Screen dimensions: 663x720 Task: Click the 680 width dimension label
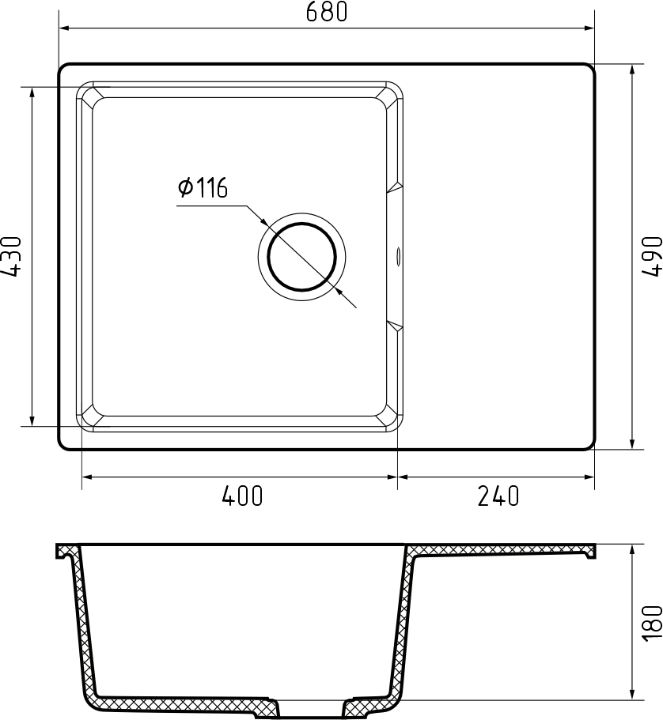[327, 12]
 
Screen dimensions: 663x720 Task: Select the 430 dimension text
[12, 257]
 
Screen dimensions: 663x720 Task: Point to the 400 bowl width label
[242, 496]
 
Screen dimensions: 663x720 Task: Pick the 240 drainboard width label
[498, 496]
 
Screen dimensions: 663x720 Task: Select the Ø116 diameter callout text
[203, 187]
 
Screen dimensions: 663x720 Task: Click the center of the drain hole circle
[301, 257]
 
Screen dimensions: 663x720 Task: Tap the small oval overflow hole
[398, 256]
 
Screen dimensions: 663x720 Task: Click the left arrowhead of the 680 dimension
[64, 28]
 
